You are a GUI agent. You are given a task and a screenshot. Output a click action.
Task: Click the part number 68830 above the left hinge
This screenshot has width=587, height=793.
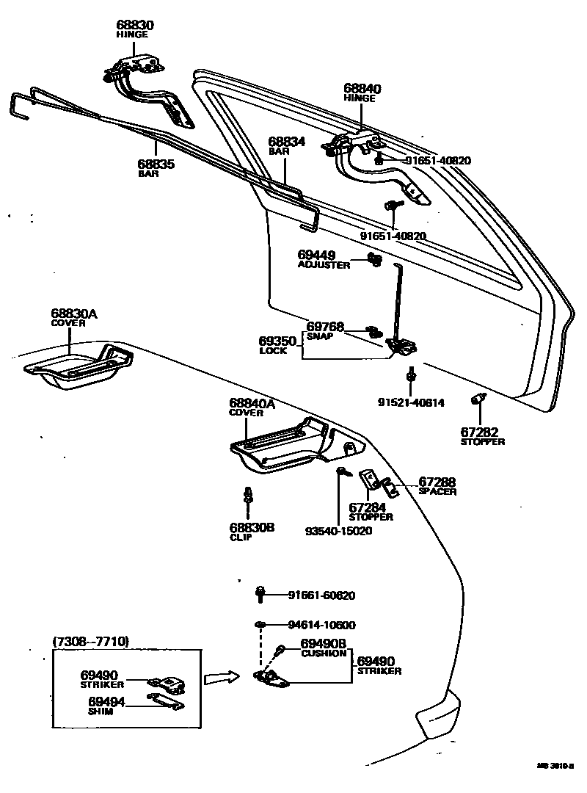(x=135, y=25)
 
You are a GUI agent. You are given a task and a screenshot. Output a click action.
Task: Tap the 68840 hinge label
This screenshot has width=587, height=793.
(x=362, y=89)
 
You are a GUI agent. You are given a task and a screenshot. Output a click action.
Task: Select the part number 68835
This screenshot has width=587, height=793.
(x=156, y=164)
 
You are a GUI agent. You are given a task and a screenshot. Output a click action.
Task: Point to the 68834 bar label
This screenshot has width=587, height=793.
(x=286, y=141)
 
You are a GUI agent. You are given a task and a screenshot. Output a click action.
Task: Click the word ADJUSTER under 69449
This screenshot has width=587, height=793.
(x=324, y=265)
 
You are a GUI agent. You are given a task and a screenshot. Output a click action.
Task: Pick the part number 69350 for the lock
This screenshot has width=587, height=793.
(x=277, y=341)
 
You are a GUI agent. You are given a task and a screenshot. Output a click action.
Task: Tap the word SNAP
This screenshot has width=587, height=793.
(x=320, y=336)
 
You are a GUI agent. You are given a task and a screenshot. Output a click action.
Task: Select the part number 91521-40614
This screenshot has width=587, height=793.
(x=411, y=402)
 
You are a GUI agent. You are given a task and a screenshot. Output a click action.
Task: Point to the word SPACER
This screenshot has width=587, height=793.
(x=437, y=491)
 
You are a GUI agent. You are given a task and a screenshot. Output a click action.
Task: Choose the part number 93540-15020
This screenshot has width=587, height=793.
(x=339, y=531)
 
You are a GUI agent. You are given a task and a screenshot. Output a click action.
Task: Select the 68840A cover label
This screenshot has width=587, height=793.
(x=252, y=403)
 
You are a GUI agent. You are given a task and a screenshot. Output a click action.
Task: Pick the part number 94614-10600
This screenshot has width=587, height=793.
(x=321, y=625)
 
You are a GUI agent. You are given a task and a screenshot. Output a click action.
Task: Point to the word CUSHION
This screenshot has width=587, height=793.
(x=324, y=653)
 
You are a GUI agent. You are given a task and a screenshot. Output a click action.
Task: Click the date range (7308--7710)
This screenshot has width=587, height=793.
(x=91, y=641)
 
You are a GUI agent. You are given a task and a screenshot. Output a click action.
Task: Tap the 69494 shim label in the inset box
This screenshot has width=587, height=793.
(x=107, y=702)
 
